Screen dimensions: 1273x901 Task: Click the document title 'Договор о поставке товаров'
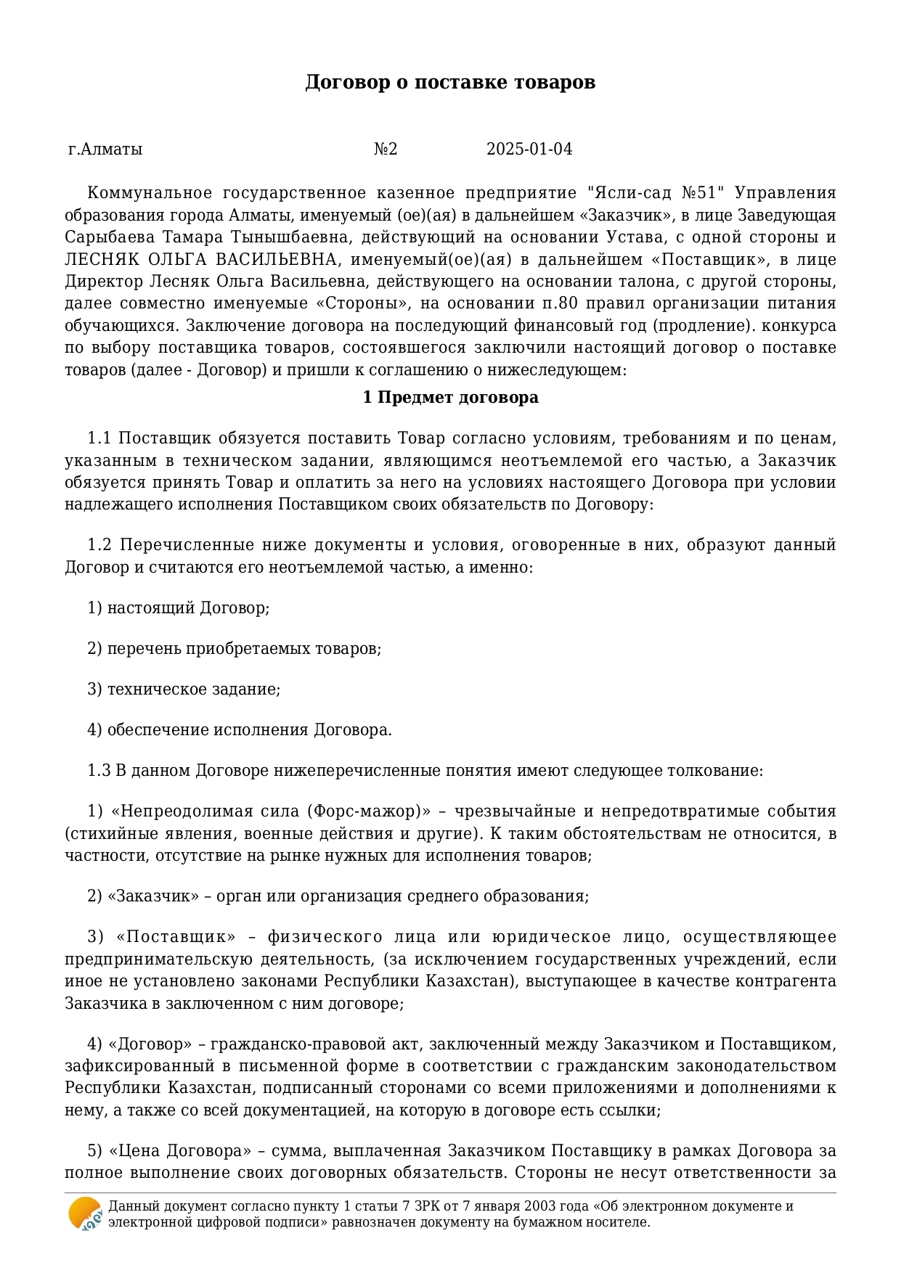(450, 82)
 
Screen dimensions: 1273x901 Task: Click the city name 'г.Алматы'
(105, 150)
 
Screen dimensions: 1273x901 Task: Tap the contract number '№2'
(386, 150)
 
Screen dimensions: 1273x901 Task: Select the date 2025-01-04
(529, 150)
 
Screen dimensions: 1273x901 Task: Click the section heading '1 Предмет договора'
(450, 398)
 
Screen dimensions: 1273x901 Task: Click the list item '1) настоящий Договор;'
(179, 608)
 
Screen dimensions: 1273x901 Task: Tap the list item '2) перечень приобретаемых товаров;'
(235, 649)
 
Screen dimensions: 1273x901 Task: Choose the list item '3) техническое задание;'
(184, 689)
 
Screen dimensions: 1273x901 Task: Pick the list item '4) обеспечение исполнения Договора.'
(240, 730)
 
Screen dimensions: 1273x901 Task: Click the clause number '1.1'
(99, 438)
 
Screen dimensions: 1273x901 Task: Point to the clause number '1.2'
(99, 545)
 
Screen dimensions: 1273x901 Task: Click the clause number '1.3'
(99, 771)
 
